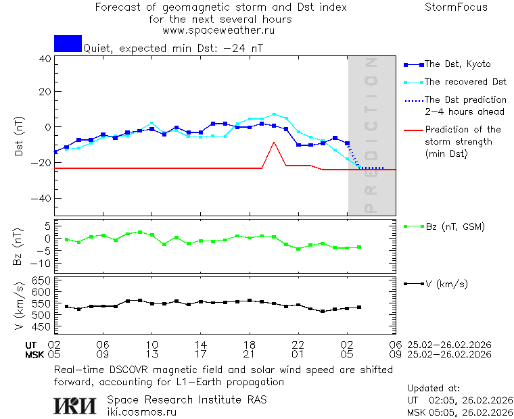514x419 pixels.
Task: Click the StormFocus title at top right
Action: point(457,8)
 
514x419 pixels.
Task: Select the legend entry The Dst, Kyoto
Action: point(457,64)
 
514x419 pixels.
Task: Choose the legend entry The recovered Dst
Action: point(465,82)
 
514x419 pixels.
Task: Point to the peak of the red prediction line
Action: point(274,143)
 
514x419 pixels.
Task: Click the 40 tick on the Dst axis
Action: point(45,59)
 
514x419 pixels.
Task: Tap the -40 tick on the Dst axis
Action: point(42,199)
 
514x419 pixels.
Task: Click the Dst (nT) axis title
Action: point(19,137)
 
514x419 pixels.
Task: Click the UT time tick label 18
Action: point(250,344)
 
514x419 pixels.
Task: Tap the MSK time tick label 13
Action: point(152,353)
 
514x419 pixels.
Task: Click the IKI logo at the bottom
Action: point(76,405)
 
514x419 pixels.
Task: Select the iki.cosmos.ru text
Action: point(142,412)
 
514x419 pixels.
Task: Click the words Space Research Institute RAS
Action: point(187,400)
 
